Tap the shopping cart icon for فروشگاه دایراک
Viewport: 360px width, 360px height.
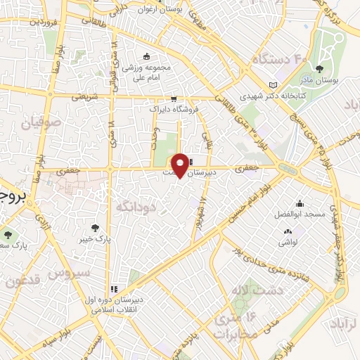(173, 99)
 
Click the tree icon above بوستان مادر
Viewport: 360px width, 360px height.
(319, 68)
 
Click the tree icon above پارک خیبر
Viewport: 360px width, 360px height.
(96, 227)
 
